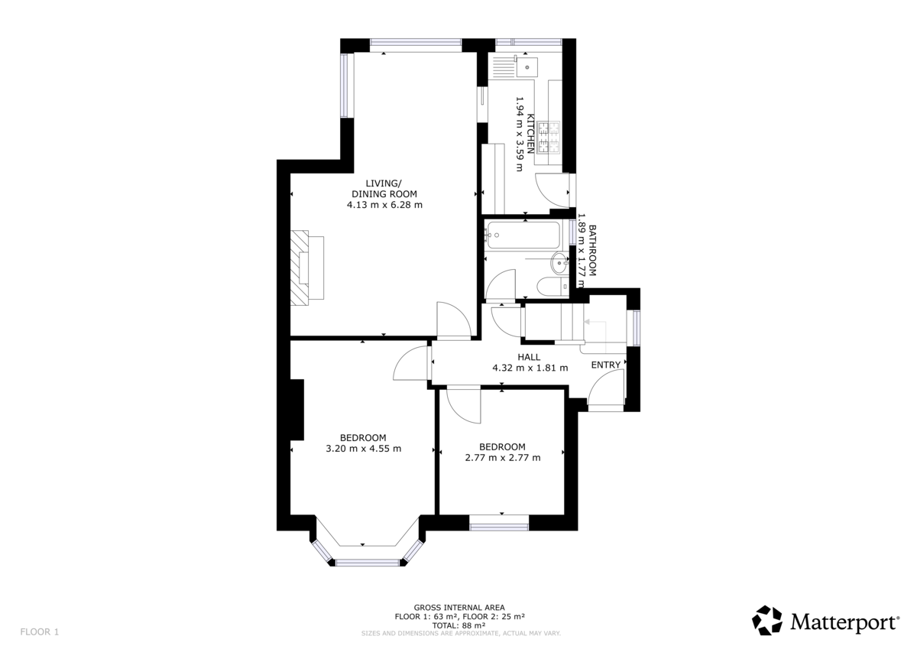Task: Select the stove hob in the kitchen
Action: (549, 135)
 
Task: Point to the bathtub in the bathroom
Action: (527, 234)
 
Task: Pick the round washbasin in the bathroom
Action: (560, 264)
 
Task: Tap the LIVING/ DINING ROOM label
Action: (384, 188)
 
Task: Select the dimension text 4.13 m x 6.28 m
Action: (384, 205)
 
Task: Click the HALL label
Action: (529, 357)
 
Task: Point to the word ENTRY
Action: (606, 365)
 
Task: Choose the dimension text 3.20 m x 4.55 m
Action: (363, 449)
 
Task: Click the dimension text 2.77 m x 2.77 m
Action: (502, 458)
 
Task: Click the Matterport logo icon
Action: (767, 620)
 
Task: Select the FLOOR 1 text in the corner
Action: (39, 631)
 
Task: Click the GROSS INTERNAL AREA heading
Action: (459, 607)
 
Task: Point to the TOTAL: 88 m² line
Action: (459, 625)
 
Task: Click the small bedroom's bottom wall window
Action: (499, 524)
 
